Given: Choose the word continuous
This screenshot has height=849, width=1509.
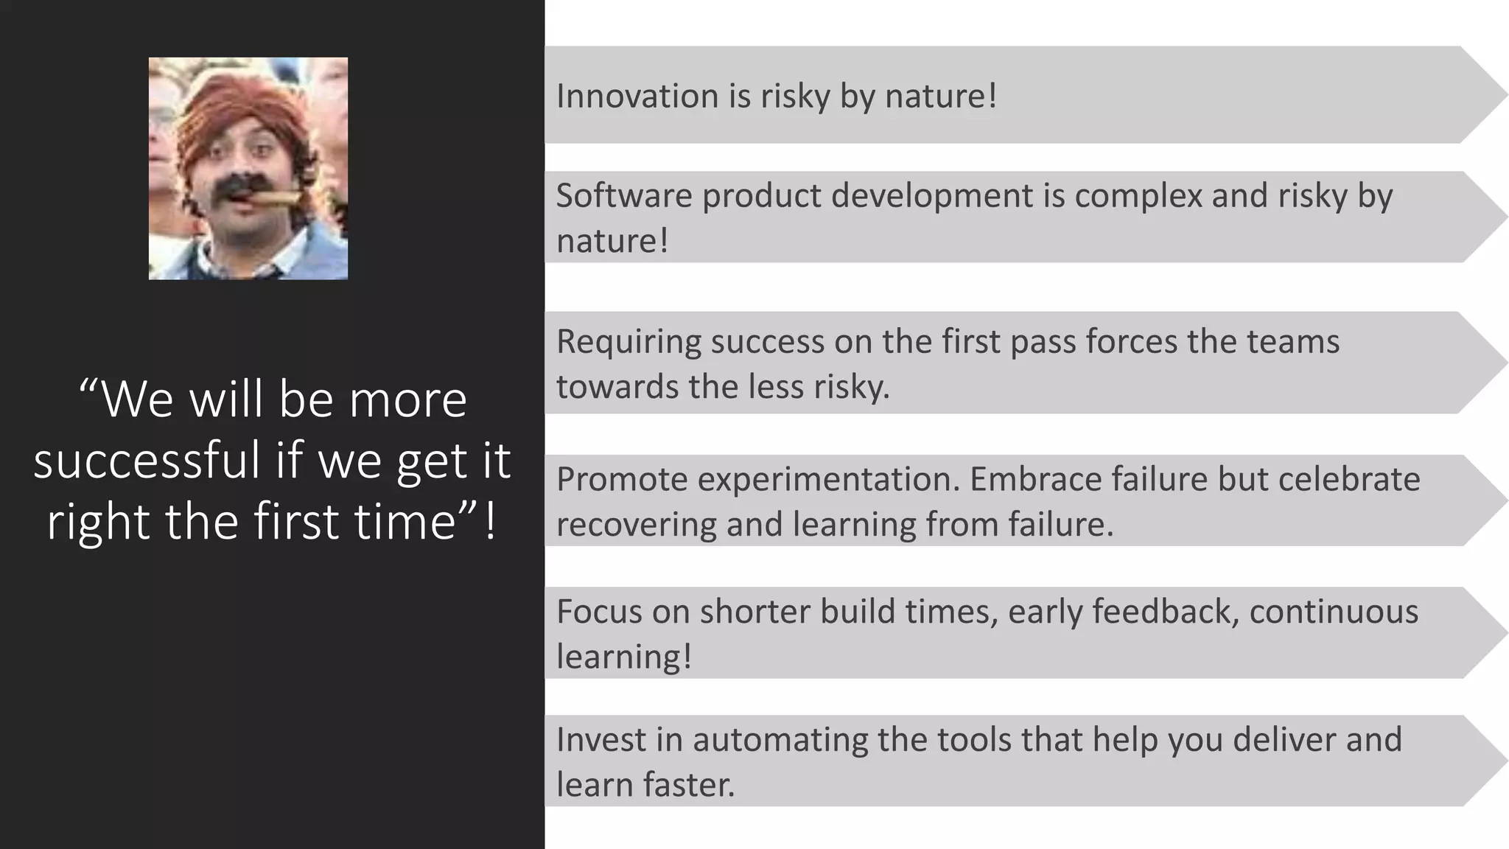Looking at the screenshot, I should (1334, 612).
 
